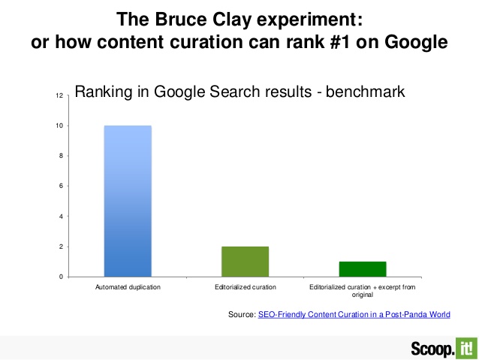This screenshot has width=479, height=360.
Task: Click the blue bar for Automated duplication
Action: (x=128, y=201)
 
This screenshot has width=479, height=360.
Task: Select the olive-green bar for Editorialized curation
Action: (x=245, y=262)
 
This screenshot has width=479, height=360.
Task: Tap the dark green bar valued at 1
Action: (x=363, y=269)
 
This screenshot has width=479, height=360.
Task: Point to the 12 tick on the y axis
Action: (x=59, y=95)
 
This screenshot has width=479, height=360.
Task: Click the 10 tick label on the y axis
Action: (x=59, y=126)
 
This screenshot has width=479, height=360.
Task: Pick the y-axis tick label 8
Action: (x=61, y=156)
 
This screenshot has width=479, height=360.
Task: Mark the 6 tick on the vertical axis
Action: (x=61, y=186)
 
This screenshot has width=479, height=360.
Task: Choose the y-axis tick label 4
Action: (x=61, y=216)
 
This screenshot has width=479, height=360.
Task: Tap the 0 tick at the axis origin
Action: (x=61, y=277)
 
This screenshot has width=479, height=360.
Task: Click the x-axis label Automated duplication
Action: (x=128, y=287)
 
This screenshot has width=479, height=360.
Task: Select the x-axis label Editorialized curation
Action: (x=246, y=287)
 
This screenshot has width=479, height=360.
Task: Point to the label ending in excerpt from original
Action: (x=363, y=291)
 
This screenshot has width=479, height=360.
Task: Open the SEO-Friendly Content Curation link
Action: (x=354, y=314)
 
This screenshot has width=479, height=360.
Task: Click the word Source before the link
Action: (x=241, y=314)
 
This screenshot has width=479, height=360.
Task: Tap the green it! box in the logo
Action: (x=466, y=348)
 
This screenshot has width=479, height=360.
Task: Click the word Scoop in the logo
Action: (x=432, y=349)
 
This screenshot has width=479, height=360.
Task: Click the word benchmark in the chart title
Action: (x=365, y=92)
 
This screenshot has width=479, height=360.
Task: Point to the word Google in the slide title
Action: (x=416, y=42)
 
